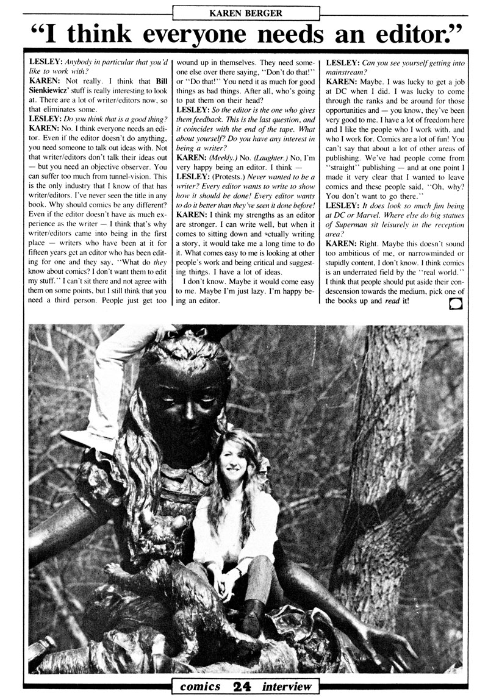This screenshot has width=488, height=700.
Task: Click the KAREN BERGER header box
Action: click(243, 10)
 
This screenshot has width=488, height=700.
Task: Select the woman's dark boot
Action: click(251, 616)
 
